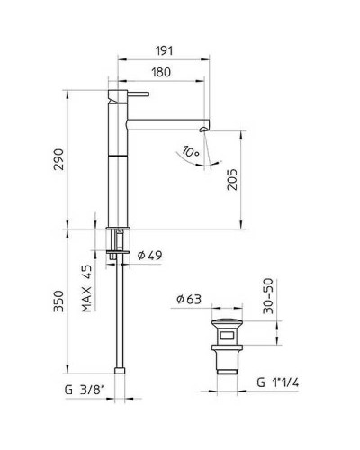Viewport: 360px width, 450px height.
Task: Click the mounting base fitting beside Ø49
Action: [x=117, y=240]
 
